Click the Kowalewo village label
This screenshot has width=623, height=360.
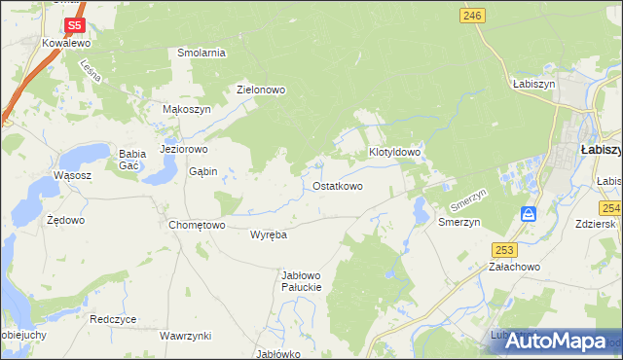(x=66, y=44)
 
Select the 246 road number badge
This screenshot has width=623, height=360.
(x=473, y=15)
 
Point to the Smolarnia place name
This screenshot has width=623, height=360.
(x=202, y=53)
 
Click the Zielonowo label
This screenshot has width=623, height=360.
(x=262, y=90)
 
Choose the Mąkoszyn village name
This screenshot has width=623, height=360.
(x=186, y=110)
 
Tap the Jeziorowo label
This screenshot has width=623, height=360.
(x=184, y=150)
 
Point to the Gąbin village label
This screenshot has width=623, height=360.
(x=202, y=171)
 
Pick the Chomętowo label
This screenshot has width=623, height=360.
(x=197, y=225)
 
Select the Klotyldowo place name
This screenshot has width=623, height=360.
(x=394, y=153)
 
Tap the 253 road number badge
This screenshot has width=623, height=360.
(x=502, y=249)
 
